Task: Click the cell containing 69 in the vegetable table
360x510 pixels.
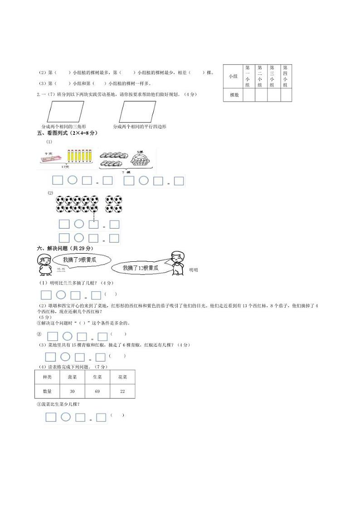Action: tap(97, 391)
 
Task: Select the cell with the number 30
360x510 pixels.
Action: tap(72, 391)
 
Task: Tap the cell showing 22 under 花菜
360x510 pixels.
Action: tap(122, 391)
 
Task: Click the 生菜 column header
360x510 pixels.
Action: tap(97, 377)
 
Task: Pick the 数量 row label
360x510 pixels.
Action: tap(47, 391)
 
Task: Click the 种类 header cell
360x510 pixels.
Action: tap(47, 377)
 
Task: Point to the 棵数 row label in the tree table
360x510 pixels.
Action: tap(234, 95)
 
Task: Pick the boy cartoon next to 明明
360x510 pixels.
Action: tap(176, 262)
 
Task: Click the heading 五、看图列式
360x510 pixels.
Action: tap(67, 133)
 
